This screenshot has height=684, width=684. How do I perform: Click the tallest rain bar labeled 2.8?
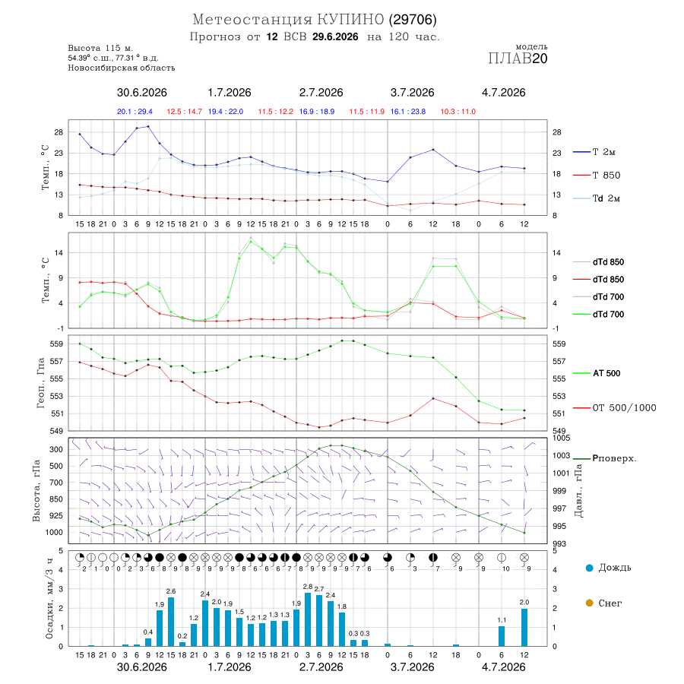(308, 619)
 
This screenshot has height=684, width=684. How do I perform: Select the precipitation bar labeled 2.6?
(171, 622)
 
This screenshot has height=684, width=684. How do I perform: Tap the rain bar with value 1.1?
(502, 636)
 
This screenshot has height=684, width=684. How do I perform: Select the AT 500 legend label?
(597, 373)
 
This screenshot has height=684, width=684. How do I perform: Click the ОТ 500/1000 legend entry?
(615, 408)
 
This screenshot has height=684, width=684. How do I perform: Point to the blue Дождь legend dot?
(589, 568)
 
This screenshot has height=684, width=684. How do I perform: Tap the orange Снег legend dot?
(589, 603)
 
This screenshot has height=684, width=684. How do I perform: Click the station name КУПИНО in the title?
(350, 20)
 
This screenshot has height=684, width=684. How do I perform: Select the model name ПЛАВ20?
(518, 59)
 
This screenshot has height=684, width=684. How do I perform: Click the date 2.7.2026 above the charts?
(321, 93)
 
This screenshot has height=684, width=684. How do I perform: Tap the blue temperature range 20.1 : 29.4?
(135, 112)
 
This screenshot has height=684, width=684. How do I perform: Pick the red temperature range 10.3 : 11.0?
(458, 112)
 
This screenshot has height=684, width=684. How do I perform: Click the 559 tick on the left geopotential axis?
(57, 344)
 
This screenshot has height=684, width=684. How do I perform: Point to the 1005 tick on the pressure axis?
(561, 438)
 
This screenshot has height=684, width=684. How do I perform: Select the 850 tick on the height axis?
(55, 499)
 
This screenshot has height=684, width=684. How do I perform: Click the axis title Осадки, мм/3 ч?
(49, 599)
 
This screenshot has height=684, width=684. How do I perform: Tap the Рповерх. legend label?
(614, 458)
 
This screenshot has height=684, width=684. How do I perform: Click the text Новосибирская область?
(122, 68)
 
